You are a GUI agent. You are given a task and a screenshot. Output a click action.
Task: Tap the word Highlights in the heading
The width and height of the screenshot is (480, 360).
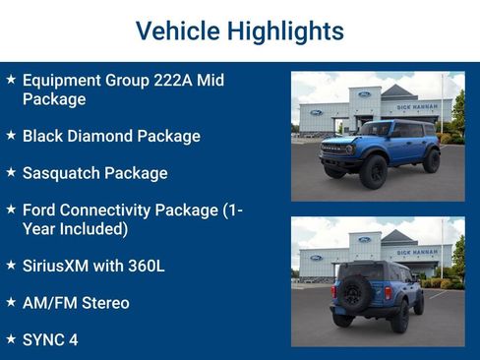285,30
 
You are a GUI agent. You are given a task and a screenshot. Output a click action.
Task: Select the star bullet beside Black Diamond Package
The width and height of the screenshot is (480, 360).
11,135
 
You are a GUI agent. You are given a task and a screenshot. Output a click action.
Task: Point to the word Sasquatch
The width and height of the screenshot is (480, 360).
64,173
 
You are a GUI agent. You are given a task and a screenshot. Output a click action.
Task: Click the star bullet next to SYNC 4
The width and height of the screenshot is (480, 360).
11,338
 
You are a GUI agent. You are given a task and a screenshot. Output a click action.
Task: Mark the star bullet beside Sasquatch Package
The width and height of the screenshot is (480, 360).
11,172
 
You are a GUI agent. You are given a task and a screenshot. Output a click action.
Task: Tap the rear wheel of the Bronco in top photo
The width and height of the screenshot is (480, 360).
431,161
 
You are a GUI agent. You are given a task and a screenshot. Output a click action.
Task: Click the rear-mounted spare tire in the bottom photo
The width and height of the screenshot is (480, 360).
353,293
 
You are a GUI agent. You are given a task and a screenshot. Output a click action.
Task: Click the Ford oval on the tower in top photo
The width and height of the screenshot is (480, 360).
365,93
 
